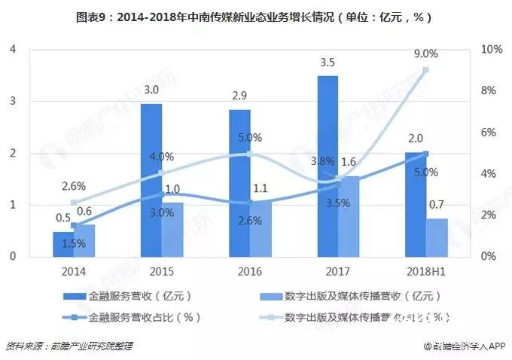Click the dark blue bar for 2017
[327, 166]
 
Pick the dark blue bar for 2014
[62, 243]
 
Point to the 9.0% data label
[425, 53]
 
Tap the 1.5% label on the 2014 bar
[74, 242]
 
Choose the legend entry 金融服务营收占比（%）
[137, 317]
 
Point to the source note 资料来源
[69, 346]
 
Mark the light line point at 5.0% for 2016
[249, 153]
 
